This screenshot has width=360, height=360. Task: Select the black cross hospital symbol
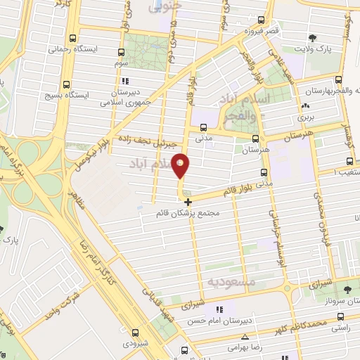(x=187, y=202)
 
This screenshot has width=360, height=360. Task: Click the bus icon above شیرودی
(x=136, y=333)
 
